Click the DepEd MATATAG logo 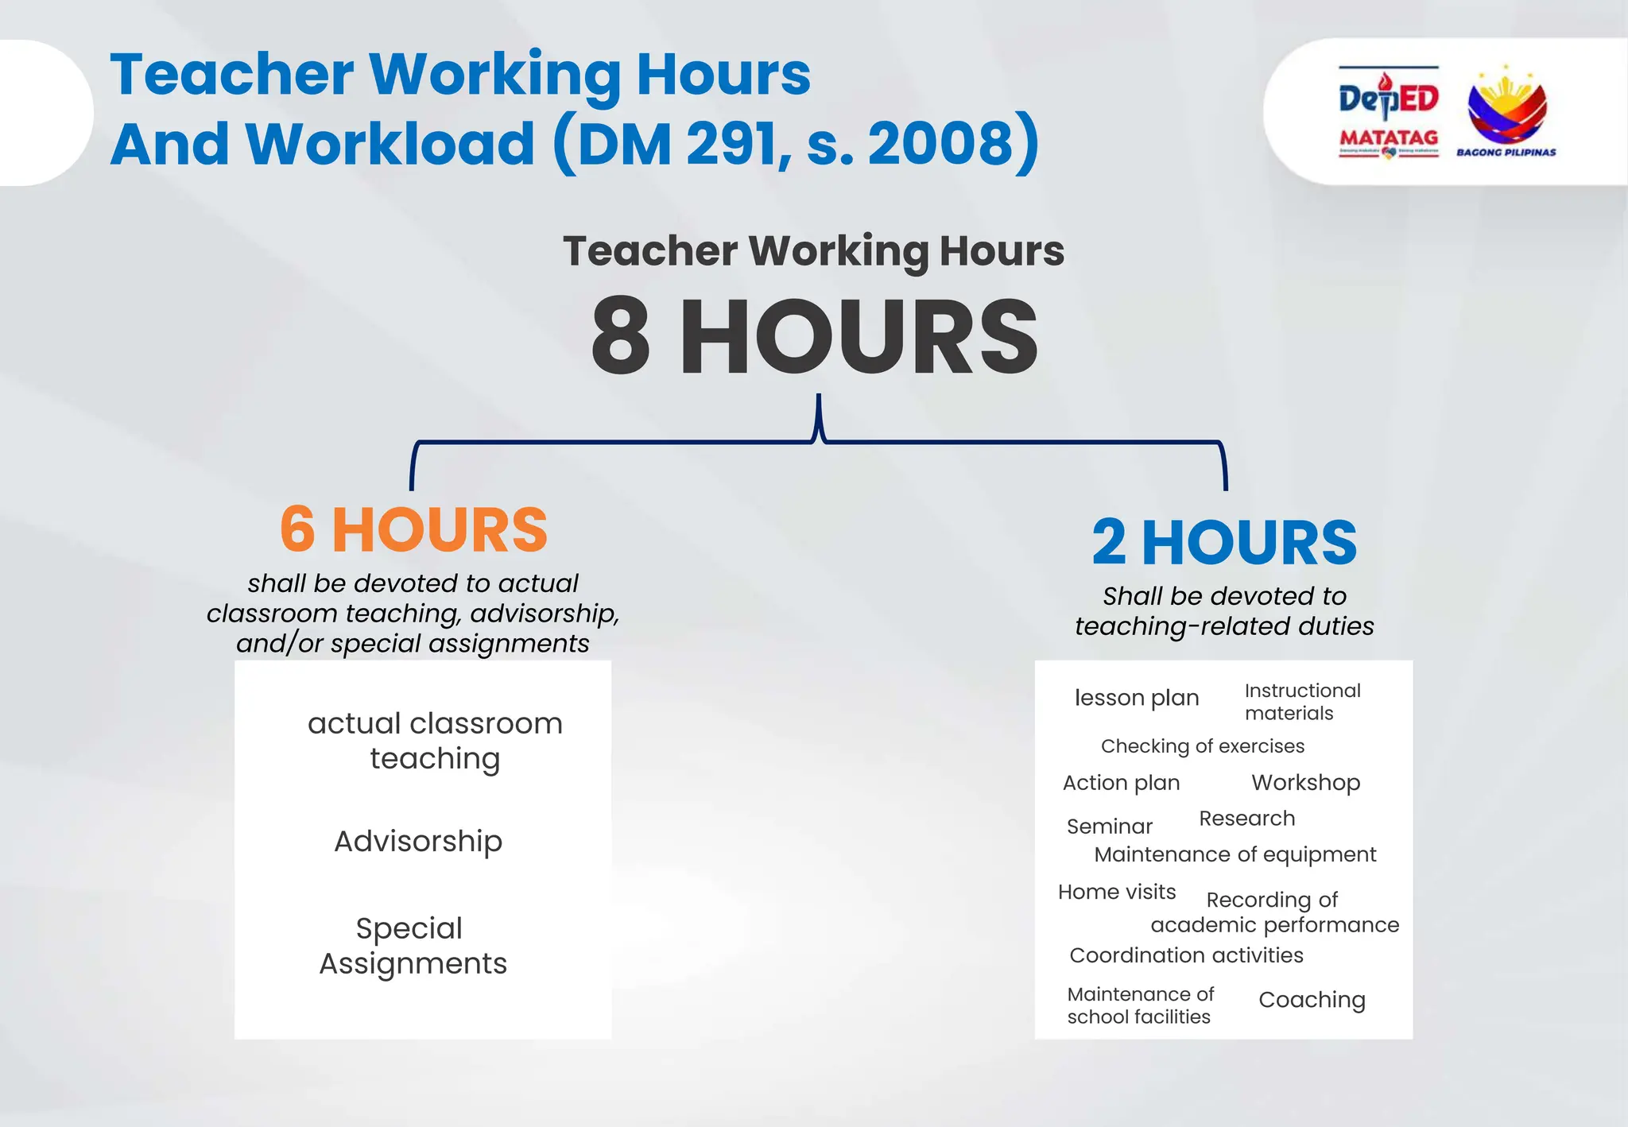pyautogui.click(x=1388, y=112)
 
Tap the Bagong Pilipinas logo pyautogui.click(x=1506, y=112)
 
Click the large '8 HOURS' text pyautogui.click(x=814, y=336)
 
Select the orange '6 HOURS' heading pyautogui.click(x=413, y=529)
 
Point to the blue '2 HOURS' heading pyautogui.click(x=1224, y=543)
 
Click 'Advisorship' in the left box pyautogui.click(x=418, y=841)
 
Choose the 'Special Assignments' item pyautogui.click(x=413, y=946)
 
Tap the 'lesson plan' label pyautogui.click(x=1136, y=698)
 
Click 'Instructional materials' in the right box pyautogui.click(x=1302, y=702)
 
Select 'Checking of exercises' pyautogui.click(x=1202, y=746)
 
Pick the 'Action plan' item pyautogui.click(x=1121, y=783)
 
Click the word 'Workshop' pyautogui.click(x=1305, y=783)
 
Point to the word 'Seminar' pyautogui.click(x=1109, y=827)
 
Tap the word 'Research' pyautogui.click(x=1246, y=819)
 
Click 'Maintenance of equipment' pyautogui.click(x=1235, y=854)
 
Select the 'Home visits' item pyautogui.click(x=1116, y=892)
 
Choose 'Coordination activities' pyautogui.click(x=1186, y=955)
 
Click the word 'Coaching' pyautogui.click(x=1312, y=1000)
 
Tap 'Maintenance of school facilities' pyautogui.click(x=1140, y=1005)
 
